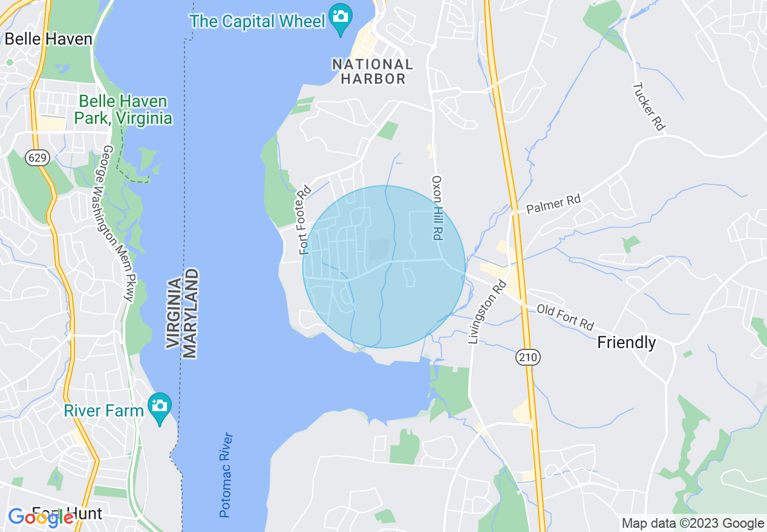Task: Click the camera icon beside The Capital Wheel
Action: (341, 15)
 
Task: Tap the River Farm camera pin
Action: (159, 407)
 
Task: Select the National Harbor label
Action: (373, 71)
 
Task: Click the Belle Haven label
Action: (48, 39)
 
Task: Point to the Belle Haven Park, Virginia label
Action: (125, 109)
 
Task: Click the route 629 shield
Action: (37, 158)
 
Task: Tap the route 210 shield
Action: (527, 358)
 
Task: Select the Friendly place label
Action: (626, 343)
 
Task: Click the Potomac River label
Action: (226, 475)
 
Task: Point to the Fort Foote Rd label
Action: (305, 219)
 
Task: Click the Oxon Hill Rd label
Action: (437, 208)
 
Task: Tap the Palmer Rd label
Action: (553, 204)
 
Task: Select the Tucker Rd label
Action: (648, 107)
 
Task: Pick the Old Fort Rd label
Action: (566, 317)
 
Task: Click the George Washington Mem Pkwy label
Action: (118, 223)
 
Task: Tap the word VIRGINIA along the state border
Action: (174, 313)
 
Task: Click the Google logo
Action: (41, 517)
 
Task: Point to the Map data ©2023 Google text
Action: (693, 524)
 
